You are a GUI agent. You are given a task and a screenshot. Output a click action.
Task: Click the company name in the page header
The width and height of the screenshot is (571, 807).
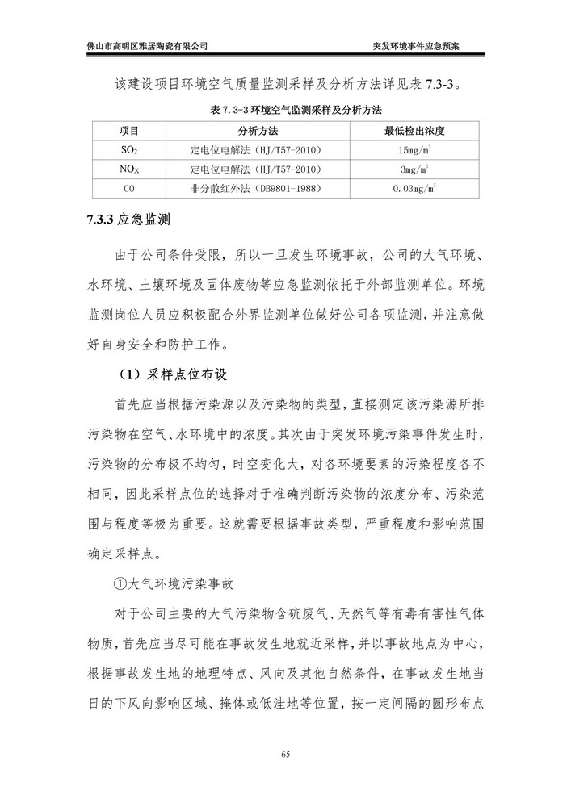[146, 46]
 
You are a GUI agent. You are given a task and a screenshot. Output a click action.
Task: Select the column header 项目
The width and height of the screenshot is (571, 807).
[129, 129]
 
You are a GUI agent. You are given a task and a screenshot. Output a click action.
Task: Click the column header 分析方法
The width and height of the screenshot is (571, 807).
[258, 129]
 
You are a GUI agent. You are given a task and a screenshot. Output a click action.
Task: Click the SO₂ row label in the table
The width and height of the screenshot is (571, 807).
[129, 149]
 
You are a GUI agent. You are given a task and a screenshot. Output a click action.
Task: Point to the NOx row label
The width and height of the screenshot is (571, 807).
[129, 169]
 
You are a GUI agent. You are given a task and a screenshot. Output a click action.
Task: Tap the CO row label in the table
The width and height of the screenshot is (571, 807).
[129, 189]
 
